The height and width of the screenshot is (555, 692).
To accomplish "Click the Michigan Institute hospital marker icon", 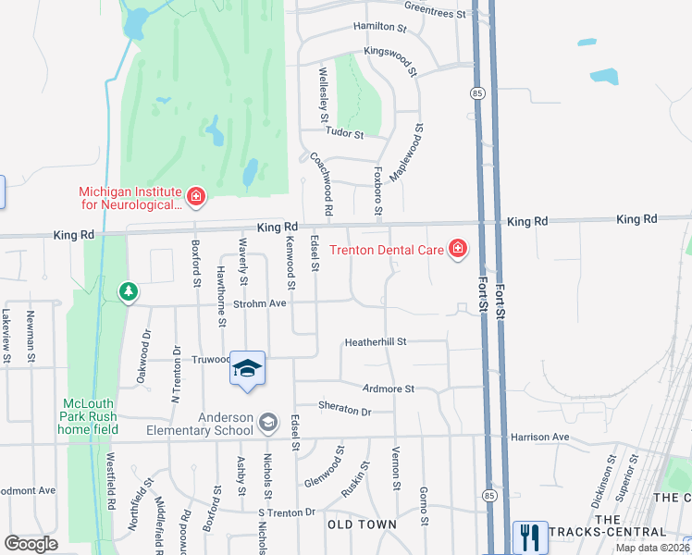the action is tap(195, 196).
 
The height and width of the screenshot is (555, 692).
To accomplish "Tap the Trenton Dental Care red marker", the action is tap(457, 248).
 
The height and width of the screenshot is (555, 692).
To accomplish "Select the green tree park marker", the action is tap(128, 292).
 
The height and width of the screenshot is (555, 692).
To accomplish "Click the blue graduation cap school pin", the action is tap(247, 369).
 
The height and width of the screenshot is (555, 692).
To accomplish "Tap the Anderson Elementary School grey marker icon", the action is tap(267, 423).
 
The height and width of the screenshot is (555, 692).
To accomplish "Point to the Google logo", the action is tap(31, 544).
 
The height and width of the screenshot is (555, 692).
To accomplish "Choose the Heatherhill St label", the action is tap(376, 341).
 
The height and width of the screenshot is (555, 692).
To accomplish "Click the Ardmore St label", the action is tap(389, 389).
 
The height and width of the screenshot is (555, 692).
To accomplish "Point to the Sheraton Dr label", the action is tap(344, 411).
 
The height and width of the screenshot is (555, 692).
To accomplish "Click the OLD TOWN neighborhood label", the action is tap(362, 524).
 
